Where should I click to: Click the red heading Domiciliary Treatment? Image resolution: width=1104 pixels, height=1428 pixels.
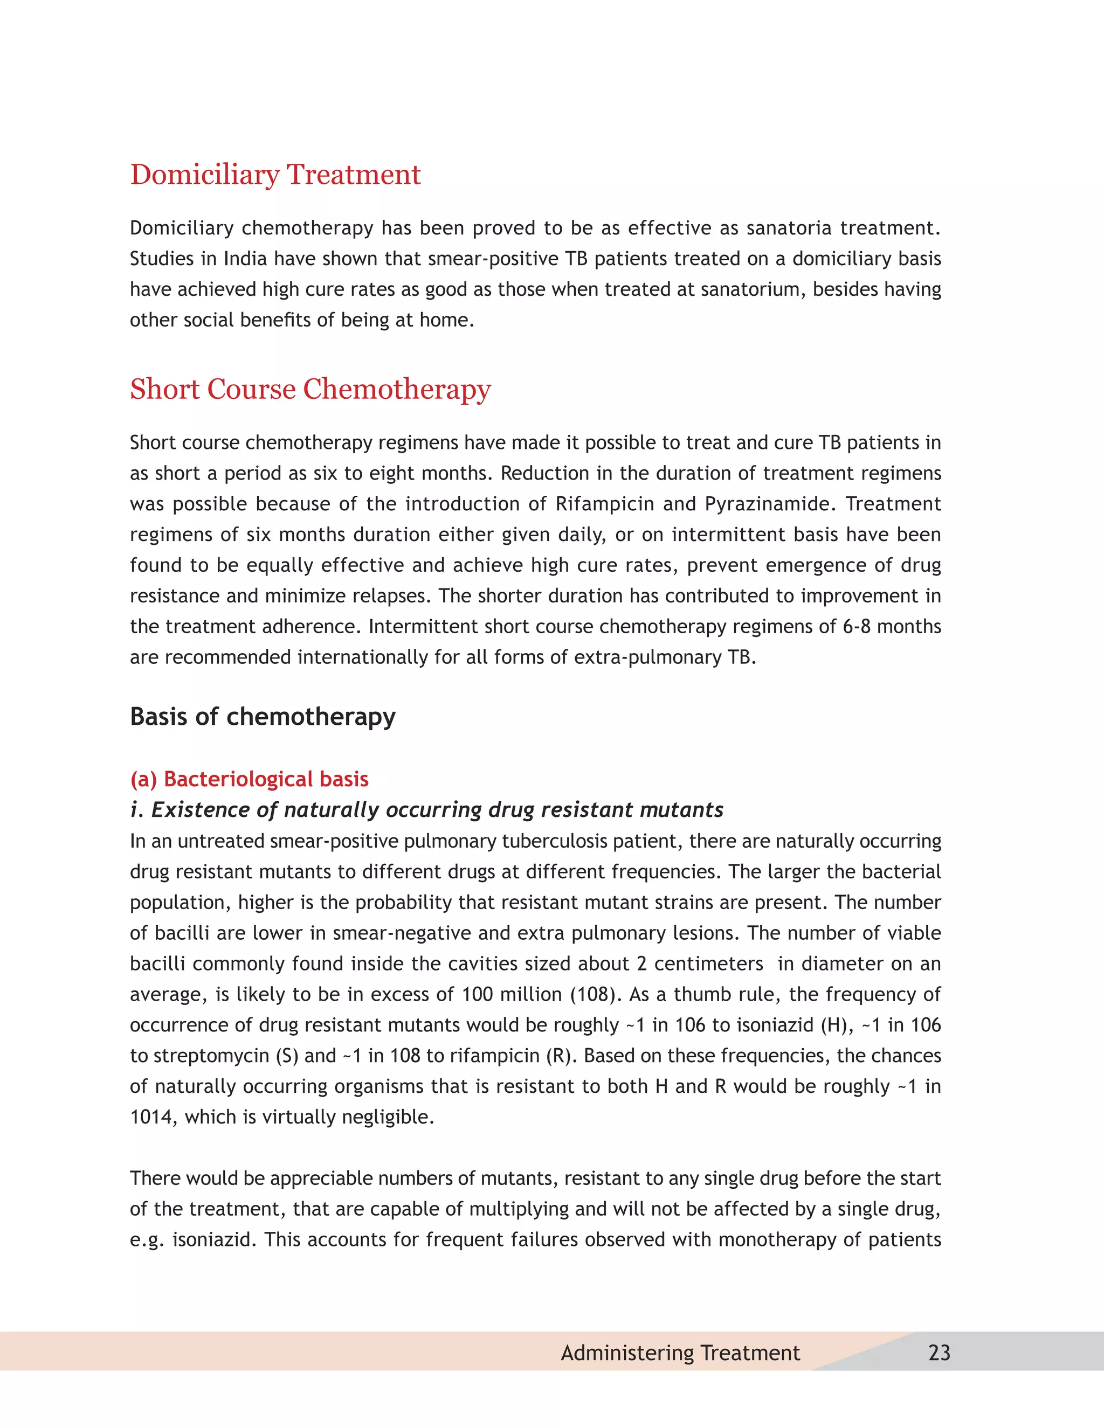[275, 175]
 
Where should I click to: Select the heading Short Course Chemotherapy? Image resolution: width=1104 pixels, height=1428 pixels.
[310, 390]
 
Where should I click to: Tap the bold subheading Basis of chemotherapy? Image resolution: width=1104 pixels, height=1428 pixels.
[263, 717]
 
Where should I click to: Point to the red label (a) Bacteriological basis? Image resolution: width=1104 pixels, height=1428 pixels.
[249, 779]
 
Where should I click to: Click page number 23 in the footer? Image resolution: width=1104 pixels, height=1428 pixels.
[939, 1352]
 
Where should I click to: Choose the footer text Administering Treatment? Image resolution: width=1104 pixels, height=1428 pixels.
[680, 1352]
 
